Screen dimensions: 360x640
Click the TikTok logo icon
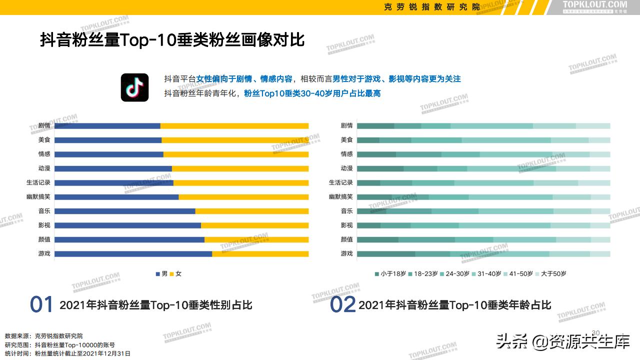click(x=134, y=87)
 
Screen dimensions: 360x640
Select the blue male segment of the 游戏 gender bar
click(x=133, y=253)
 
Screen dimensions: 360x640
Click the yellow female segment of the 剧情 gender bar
click(x=234, y=125)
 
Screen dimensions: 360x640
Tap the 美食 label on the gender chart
click(x=44, y=140)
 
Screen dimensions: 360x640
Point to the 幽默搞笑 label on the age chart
click(x=341, y=197)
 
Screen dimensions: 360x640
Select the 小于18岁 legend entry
click(x=390, y=273)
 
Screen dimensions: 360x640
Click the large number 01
click(x=41, y=304)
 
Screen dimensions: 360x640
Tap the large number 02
click(x=342, y=304)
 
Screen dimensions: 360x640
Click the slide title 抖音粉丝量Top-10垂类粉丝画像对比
click(x=172, y=40)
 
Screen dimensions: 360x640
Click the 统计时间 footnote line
click(x=67, y=353)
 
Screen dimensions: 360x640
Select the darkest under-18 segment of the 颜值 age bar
click(x=377, y=239)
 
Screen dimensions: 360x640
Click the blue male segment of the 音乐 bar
click(x=124, y=211)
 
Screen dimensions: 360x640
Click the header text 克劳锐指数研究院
click(x=431, y=7)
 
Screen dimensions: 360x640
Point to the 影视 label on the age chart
click(x=346, y=225)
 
